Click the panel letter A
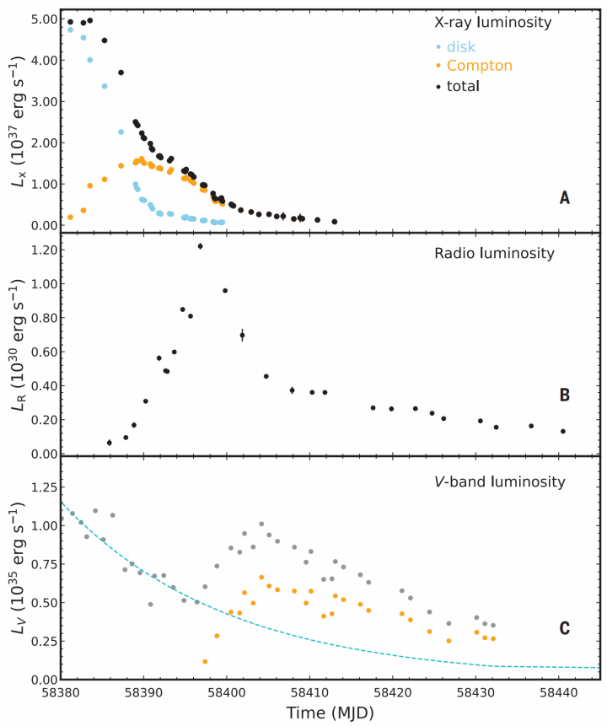[x=565, y=198]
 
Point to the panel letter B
[x=565, y=395]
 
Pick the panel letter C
[x=565, y=628]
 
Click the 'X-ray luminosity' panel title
[x=492, y=23]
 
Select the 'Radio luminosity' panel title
[x=494, y=253]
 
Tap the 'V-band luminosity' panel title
[x=495, y=482]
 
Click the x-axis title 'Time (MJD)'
[x=328, y=713]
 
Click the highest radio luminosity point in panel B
[x=200, y=246]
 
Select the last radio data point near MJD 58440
[x=563, y=431]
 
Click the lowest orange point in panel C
[x=205, y=661]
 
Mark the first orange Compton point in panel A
[x=70, y=217]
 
